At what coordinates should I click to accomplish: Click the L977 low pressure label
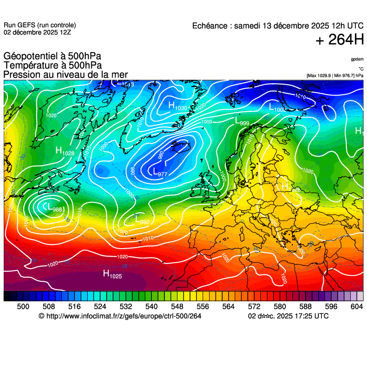(160, 173)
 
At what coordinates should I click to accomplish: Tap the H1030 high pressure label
(177, 106)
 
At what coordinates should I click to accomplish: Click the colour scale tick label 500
(23, 306)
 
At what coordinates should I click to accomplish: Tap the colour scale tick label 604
(356, 306)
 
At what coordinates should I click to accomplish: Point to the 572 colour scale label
(254, 306)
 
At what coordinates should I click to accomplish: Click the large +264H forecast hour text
(340, 40)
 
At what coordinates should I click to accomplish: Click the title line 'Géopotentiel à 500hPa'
(52, 56)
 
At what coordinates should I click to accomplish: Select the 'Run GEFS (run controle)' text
(40, 25)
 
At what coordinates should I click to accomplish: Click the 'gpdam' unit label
(357, 59)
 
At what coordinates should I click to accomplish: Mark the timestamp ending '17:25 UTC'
(288, 316)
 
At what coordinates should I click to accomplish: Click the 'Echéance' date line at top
(278, 26)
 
